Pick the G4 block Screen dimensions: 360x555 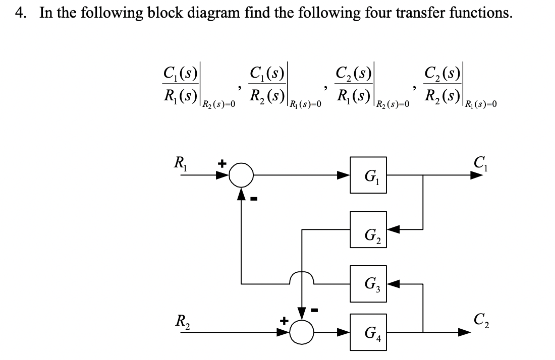pos(369,331)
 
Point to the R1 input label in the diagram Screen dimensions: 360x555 pos(180,164)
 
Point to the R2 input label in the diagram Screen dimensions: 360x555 pos(180,319)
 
